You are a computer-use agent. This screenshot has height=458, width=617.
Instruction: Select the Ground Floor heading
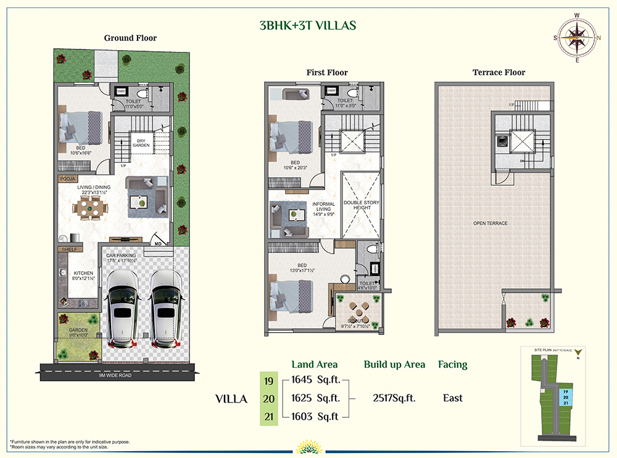(x=130, y=38)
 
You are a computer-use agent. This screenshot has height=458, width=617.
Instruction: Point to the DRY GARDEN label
(x=141, y=143)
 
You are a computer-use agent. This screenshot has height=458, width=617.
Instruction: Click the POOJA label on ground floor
(x=67, y=178)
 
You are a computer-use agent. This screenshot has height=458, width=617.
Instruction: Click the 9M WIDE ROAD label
(x=115, y=375)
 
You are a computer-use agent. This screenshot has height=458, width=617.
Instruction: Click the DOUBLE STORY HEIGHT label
(x=362, y=205)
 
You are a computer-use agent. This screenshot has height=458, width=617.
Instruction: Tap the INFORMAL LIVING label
(x=323, y=207)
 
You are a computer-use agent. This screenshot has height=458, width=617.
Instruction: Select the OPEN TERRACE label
(x=491, y=223)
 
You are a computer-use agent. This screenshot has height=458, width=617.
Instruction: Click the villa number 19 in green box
(x=268, y=381)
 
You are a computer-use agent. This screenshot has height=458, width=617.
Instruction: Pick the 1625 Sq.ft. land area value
(x=316, y=398)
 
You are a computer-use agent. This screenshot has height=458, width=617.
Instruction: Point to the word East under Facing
(x=452, y=398)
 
